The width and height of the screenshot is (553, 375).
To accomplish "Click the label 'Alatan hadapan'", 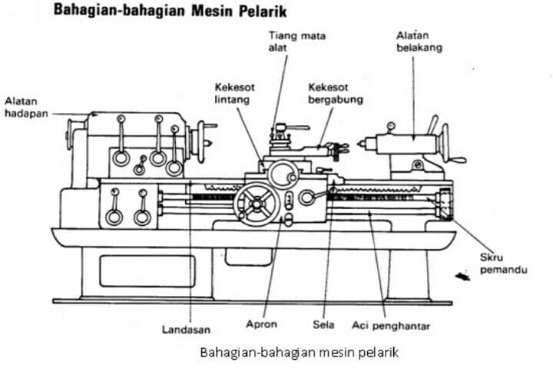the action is [26, 108].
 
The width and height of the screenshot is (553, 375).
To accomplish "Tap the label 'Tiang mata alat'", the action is [297, 41].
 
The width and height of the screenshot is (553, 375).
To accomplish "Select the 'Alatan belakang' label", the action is [419, 41].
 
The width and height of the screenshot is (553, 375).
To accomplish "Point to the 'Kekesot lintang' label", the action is [234, 93].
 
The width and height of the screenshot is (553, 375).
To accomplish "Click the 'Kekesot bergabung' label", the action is [336, 93].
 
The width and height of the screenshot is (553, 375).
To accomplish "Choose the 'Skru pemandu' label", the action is [504, 264].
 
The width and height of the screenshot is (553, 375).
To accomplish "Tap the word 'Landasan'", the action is [186, 330].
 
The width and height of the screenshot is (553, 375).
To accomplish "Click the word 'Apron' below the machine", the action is [261, 324].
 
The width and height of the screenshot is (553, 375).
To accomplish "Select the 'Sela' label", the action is [323, 324].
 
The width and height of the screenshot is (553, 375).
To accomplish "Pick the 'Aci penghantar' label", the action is [391, 326].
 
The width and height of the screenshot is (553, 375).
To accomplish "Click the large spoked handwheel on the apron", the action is [257, 204].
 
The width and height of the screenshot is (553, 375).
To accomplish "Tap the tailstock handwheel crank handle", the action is [458, 160].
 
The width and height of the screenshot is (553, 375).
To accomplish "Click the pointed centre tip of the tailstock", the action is [359, 144].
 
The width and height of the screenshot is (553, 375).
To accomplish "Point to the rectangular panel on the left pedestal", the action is [147, 271].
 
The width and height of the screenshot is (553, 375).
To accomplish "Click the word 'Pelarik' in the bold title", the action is [263, 12].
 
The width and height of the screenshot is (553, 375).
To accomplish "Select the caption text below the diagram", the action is [299, 352].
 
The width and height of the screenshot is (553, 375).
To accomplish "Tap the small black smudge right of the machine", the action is [462, 276].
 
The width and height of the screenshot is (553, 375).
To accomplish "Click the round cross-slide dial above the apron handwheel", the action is [283, 174].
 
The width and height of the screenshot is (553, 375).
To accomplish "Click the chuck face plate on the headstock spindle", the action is [201, 142].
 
